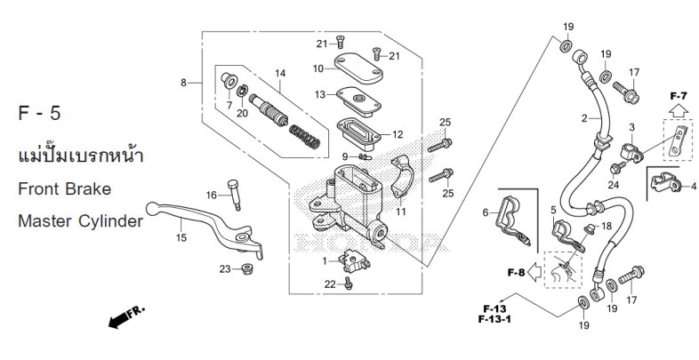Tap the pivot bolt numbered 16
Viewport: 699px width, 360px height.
coord(234,195)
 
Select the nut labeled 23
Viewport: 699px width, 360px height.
coord(246,268)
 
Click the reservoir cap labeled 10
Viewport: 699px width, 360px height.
coord(358,68)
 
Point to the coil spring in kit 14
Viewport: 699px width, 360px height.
coord(305,137)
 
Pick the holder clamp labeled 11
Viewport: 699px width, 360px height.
coord(402,176)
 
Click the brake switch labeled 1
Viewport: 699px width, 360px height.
coord(354,261)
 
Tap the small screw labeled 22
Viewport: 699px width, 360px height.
coord(349,283)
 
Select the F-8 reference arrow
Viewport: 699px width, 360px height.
coord(534,272)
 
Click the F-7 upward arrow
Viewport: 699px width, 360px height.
coord(679,110)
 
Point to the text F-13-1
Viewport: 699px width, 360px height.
coord(494,319)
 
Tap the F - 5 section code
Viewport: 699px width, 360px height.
coord(39,113)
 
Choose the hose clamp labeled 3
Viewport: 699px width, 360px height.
coord(631,152)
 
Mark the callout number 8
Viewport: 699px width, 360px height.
coord(184,83)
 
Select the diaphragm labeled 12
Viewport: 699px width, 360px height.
coord(358,133)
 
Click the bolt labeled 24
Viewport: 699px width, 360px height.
coord(617,168)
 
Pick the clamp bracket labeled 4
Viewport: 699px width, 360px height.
coord(666,182)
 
